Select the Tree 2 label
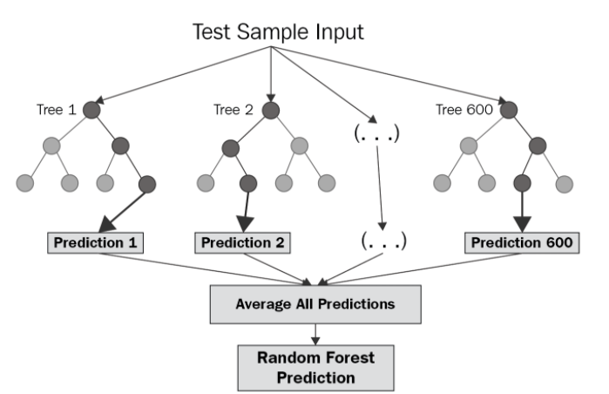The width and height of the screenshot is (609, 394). point(233,111)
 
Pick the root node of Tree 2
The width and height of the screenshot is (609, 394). point(271,112)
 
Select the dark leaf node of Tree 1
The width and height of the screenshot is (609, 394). point(146,184)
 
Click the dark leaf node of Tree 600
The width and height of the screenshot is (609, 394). point(522,184)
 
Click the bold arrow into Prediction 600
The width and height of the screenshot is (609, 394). point(522,211)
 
